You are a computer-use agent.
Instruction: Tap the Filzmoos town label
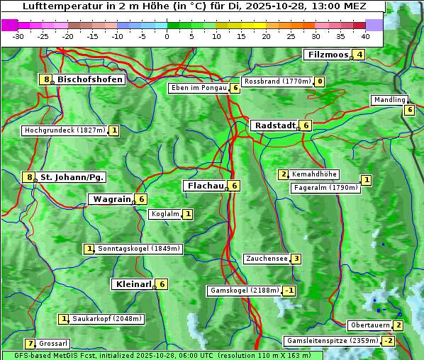[327, 55]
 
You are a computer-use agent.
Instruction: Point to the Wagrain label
[111, 199]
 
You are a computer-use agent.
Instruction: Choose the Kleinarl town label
[133, 284]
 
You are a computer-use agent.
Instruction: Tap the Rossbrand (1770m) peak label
[277, 81]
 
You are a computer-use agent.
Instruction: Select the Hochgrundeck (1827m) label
[65, 130]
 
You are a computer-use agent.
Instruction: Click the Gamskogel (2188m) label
[244, 291]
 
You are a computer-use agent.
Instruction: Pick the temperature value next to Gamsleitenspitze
[388, 341]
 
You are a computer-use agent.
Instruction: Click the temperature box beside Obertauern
[398, 325]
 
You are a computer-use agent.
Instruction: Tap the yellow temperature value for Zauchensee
[296, 259]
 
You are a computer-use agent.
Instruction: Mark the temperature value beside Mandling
[409, 110]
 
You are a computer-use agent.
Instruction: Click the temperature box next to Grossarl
[30, 344]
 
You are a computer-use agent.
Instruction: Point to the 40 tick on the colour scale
[365, 36]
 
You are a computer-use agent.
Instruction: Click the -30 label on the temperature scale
[19, 36]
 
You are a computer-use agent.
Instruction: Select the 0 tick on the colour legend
[167, 36]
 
